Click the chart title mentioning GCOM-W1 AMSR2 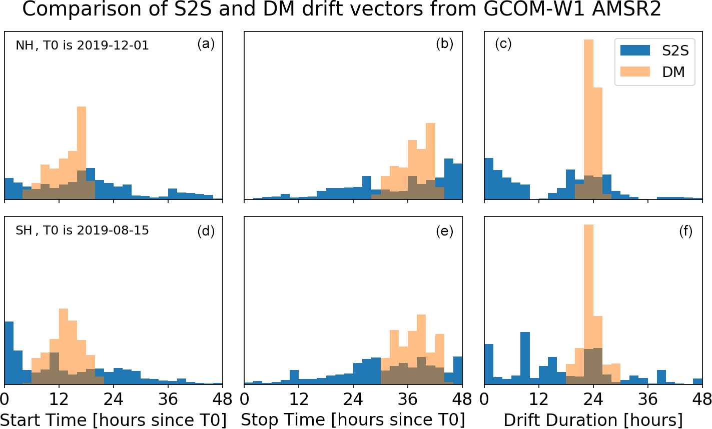coord(342,9)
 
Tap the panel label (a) coord(206,44)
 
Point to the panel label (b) coord(444,44)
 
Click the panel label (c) coord(503,44)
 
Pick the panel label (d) coord(206,231)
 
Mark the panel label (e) coord(444,231)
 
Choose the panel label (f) coord(685,231)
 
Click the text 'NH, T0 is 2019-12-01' coord(82,45)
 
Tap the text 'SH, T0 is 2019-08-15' coord(82,231)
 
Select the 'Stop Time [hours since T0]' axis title coord(353,419)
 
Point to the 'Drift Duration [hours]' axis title coord(593,419)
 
